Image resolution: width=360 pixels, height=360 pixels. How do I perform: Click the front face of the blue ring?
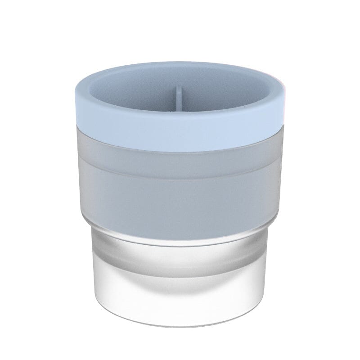180,135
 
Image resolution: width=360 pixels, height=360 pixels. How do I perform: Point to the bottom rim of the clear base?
180,314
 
